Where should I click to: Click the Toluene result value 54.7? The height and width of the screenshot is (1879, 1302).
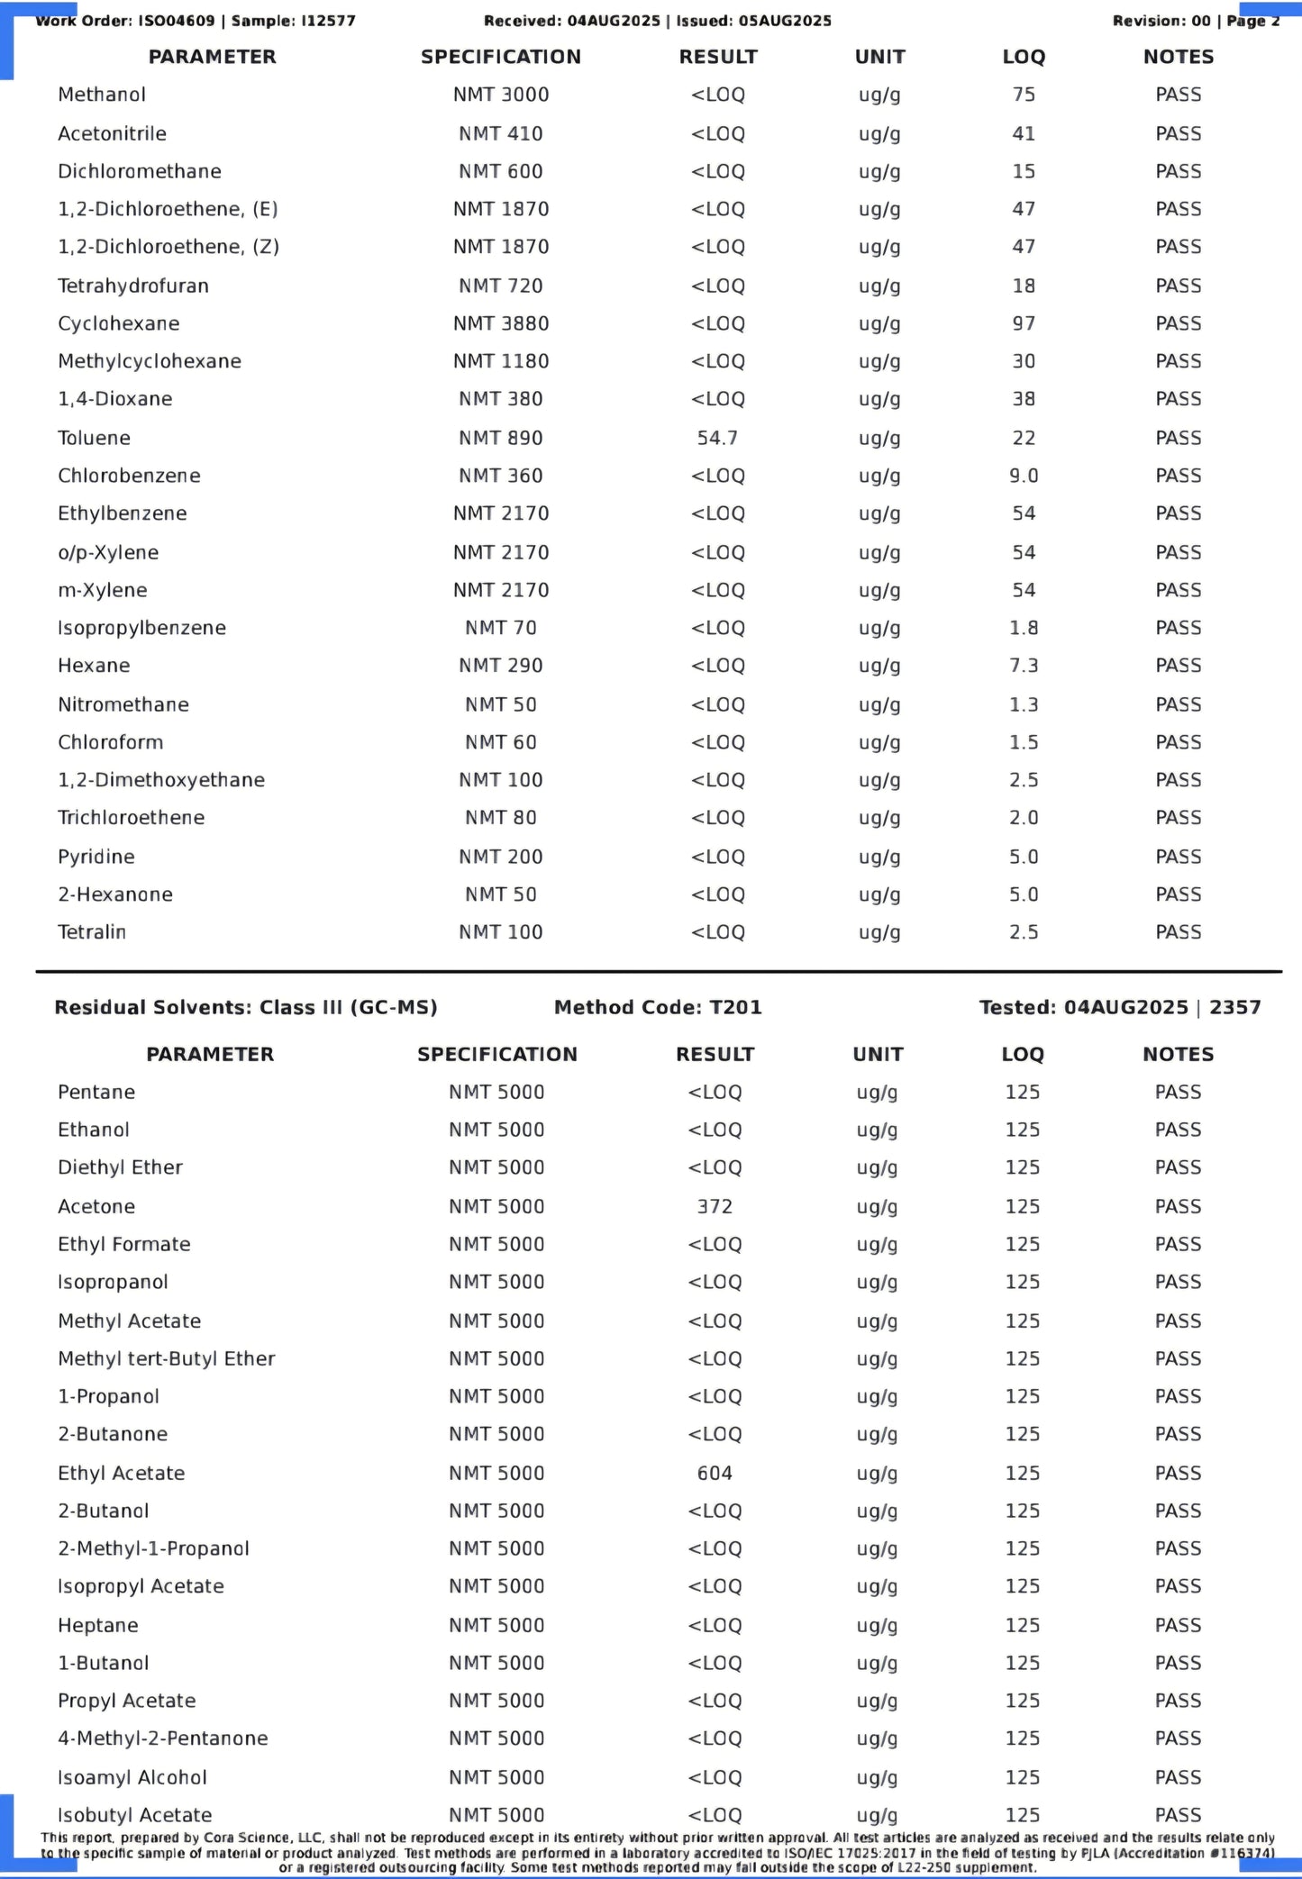point(717,438)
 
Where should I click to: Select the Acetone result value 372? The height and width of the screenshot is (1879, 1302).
point(715,1206)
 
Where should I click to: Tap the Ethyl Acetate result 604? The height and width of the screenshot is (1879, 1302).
point(715,1473)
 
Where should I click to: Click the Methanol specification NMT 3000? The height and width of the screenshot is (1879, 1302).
point(501,95)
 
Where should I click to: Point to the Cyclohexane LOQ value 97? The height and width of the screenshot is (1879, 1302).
point(1024,323)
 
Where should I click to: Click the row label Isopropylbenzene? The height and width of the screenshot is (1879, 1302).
point(141,628)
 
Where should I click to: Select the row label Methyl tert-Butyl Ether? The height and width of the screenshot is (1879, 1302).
point(166,1358)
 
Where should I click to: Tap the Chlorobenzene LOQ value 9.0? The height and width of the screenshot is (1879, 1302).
point(1024,476)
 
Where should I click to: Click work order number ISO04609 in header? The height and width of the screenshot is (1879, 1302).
point(177,21)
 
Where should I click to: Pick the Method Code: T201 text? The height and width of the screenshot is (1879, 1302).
point(658,1007)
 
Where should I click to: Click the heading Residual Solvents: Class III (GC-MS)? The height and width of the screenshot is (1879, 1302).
point(245,1007)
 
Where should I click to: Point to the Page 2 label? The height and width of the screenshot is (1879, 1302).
point(1252,21)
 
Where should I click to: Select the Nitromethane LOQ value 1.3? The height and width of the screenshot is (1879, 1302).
point(1024,704)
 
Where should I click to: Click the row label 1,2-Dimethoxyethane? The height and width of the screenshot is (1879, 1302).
point(161,780)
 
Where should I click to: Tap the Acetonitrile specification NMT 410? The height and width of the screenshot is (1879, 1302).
point(501,133)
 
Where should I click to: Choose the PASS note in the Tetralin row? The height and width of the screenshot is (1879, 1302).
point(1178,932)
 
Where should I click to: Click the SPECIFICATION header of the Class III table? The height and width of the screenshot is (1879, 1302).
point(496,1054)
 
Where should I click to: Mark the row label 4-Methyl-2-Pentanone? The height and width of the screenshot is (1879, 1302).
point(162,1738)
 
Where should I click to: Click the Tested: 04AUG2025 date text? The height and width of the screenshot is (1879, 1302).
point(1084,1007)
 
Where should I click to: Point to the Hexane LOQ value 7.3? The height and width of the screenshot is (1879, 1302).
point(1024,666)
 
